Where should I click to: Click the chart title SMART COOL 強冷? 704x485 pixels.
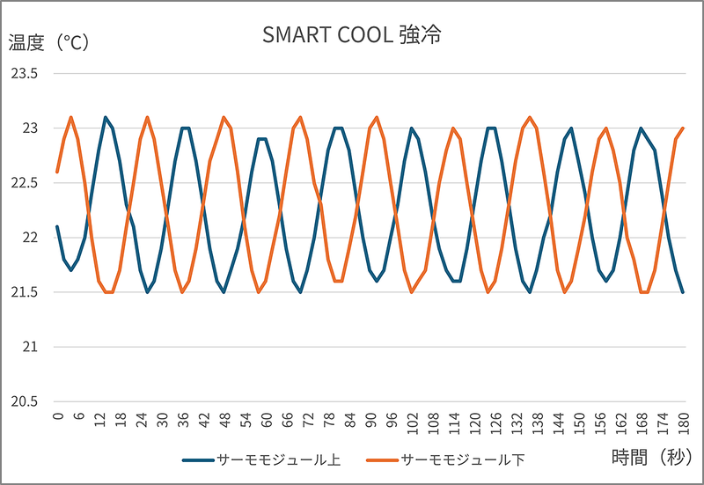tap(351, 35)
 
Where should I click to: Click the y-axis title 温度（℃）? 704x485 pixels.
tap(48, 42)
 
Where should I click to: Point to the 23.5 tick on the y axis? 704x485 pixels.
tap(24, 74)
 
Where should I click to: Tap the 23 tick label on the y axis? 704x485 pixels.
tap(30, 129)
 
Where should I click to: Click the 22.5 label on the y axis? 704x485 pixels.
tap(24, 183)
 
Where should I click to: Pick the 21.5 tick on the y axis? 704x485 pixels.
tap(24, 292)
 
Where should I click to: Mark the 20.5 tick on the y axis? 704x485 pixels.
tap(24, 401)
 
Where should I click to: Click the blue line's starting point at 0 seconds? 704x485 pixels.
tap(57, 227)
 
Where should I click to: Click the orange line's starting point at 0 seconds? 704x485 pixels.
tap(57, 172)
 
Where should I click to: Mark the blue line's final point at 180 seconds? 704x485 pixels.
tap(683, 292)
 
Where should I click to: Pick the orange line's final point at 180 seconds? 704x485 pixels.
tap(683, 129)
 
